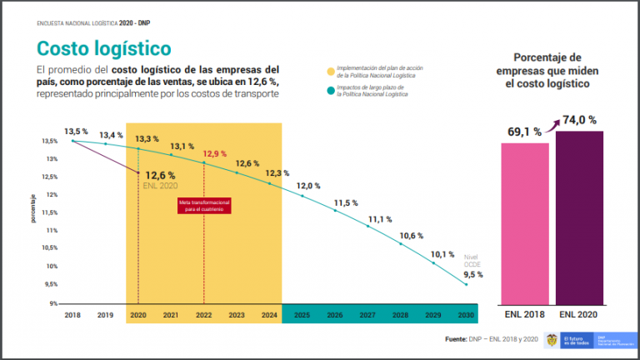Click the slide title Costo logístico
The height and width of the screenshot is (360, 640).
tap(103, 46)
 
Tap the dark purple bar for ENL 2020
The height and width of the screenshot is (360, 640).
tap(580, 217)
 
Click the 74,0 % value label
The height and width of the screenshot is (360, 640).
tap(579, 120)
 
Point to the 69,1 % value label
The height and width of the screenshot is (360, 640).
tap(525, 132)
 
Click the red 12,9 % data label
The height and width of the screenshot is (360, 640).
tap(214, 154)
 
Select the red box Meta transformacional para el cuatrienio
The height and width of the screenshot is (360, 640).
tap(204, 205)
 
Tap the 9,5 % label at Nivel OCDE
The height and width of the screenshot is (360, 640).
tap(472, 274)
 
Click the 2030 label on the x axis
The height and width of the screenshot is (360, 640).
tap(467, 315)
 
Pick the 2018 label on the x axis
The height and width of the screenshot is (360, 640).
tap(72, 315)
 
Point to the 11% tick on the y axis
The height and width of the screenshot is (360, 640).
tap(51, 230)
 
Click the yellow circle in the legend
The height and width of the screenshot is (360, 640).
tap(331, 70)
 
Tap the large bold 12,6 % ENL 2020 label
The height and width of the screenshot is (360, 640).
tap(160, 175)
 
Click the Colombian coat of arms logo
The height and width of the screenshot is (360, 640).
tap(550, 340)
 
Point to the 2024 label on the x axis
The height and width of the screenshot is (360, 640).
tap(268, 315)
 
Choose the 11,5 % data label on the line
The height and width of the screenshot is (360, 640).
tap(346, 202)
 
